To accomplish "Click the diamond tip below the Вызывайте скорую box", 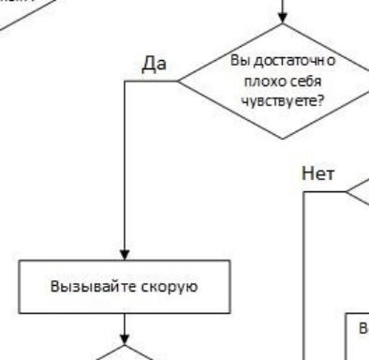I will (122, 348).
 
